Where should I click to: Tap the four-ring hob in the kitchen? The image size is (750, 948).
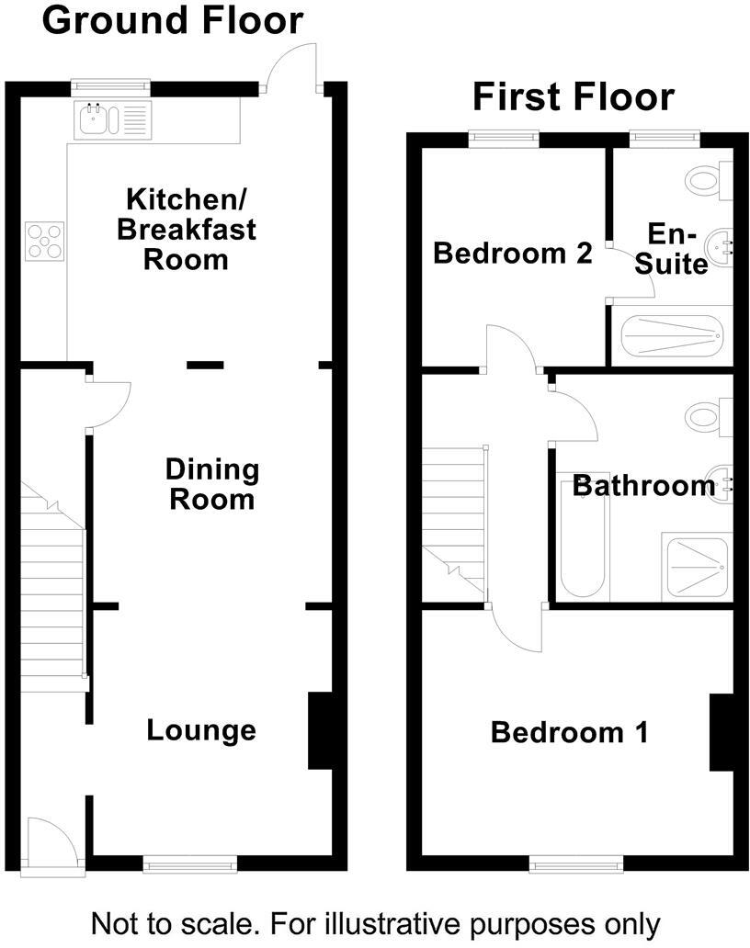click(x=45, y=241)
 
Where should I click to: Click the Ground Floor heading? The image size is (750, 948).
click(x=172, y=20)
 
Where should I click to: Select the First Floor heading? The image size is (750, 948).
click(x=574, y=96)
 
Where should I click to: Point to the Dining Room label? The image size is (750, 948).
click(x=211, y=485)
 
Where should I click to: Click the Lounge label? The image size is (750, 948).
click(x=201, y=731)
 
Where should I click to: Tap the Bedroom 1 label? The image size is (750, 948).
click(x=569, y=733)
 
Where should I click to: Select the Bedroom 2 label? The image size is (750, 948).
click(x=512, y=254)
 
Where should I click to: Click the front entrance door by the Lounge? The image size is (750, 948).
click(x=51, y=841)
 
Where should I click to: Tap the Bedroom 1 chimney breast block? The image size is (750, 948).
click(x=721, y=732)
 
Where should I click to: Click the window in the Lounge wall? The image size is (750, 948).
click(x=190, y=863)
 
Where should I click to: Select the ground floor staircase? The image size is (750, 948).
click(x=53, y=597)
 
